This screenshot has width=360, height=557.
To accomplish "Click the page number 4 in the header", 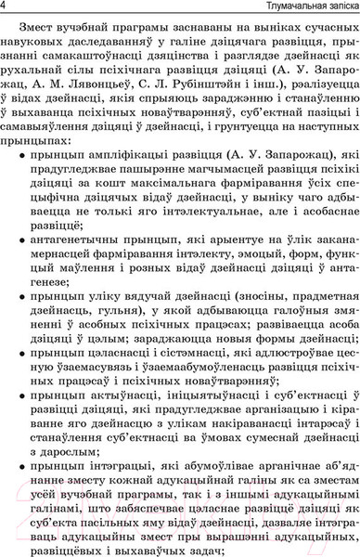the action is (6, 7).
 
